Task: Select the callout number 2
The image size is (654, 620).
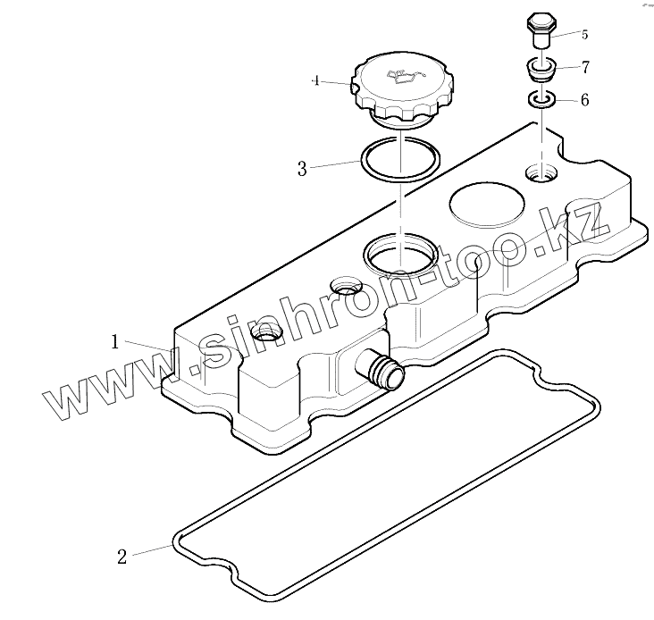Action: (x=122, y=557)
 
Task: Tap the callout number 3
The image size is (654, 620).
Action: (x=302, y=169)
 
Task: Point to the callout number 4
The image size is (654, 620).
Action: (x=315, y=80)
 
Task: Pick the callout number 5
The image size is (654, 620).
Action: (x=584, y=35)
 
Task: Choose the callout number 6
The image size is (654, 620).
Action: (x=584, y=101)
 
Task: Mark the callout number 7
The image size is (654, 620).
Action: (x=584, y=67)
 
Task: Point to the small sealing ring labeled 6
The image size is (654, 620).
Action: (x=541, y=99)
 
